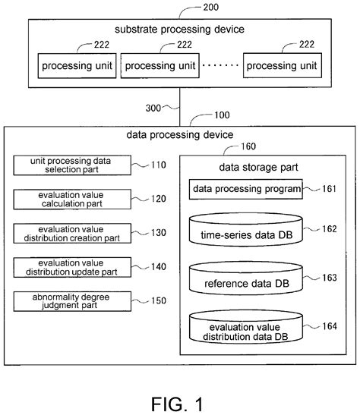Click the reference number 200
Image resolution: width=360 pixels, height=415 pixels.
211,7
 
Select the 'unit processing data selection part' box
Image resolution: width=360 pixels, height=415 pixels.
72,165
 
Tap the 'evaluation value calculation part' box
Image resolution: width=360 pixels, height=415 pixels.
72,200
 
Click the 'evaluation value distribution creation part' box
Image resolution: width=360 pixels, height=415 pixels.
72,234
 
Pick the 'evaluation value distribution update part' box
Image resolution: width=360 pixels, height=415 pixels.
72,267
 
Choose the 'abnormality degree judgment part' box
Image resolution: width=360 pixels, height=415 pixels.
72,301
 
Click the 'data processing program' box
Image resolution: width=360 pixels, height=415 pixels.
246,189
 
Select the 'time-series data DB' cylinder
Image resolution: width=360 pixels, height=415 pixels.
246,230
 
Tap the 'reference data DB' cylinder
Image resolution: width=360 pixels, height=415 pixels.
246,278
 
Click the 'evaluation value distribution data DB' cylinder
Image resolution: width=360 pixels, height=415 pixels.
246,327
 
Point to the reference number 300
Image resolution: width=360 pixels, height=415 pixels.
153,108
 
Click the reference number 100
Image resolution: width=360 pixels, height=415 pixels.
222,115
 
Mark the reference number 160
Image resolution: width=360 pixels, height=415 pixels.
248,146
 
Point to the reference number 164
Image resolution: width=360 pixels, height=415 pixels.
330,326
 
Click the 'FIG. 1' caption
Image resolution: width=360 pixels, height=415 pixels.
177,404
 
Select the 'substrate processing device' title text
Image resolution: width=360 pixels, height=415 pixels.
179,30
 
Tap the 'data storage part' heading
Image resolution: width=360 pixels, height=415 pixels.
258,168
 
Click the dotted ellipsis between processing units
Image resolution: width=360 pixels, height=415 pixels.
220,65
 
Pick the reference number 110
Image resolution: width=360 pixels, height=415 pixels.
159,165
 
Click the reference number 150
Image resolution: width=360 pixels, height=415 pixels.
159,300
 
